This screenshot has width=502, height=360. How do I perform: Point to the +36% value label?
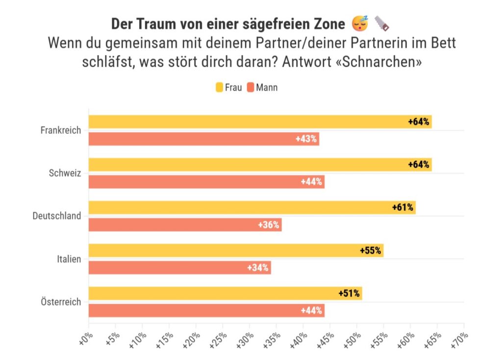(269, 225)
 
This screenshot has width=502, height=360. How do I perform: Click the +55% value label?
(370, 251)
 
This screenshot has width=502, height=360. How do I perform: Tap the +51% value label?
(349, 294)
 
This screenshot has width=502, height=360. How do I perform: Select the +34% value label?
(258, 268)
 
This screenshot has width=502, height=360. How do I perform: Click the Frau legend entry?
(228, 88)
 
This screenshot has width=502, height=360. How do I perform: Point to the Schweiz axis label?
(65, 173)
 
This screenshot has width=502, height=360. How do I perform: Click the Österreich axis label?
(60, 302)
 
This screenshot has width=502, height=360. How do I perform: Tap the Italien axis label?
(69, 259)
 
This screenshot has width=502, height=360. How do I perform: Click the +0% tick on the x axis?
(85, 339)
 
